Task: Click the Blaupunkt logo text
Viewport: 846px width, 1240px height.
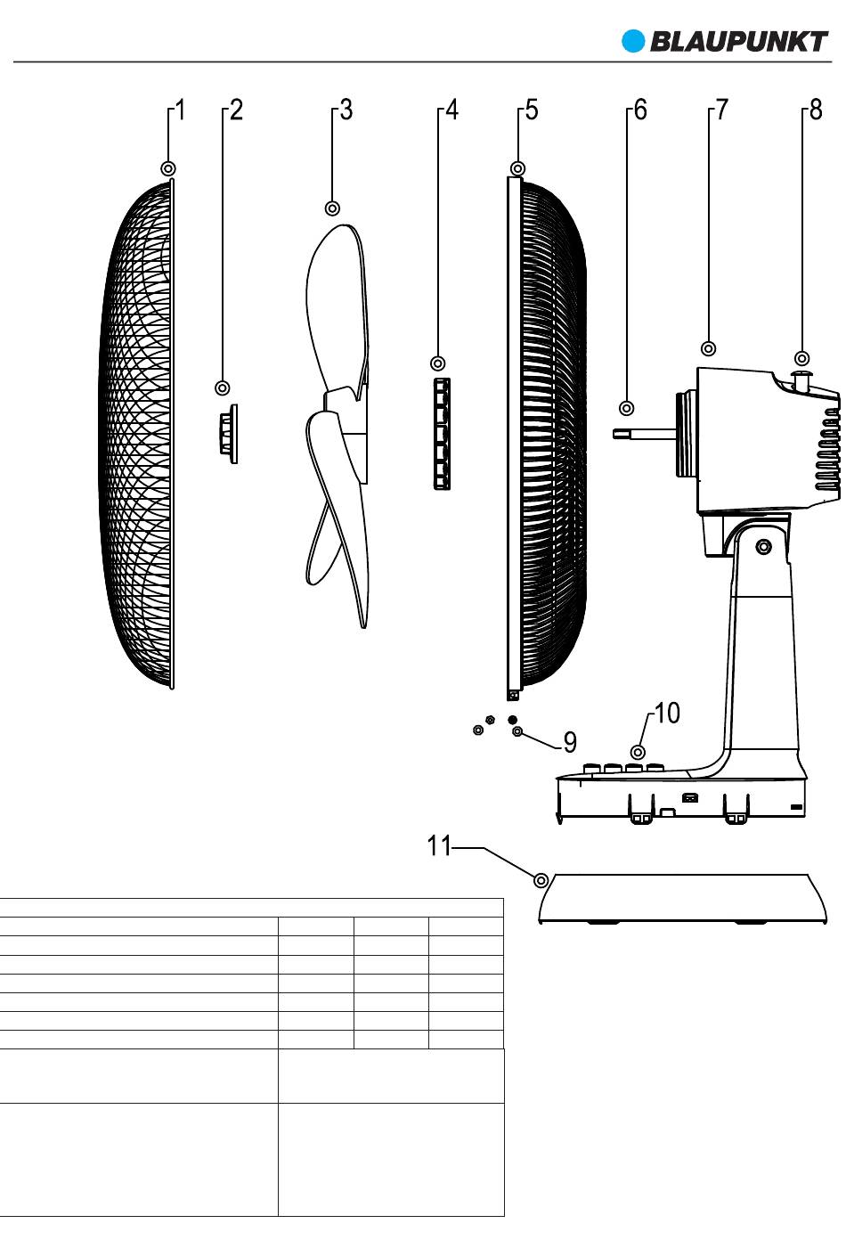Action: click(738, 42)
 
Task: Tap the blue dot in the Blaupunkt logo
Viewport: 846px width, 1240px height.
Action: click(633, 42)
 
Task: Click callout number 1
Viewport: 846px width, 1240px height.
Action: click(181, 110)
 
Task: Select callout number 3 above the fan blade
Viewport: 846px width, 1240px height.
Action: click(346, 110)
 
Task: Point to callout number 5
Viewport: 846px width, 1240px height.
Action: click(532, 110)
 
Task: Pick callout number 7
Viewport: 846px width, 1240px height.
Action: click(722, 110)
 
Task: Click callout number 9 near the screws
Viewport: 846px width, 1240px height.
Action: click(570, 741)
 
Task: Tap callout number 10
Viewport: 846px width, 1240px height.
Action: click(667, 714)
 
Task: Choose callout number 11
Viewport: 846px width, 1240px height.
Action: click(439, 845)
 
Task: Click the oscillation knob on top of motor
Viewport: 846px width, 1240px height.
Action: click(801, 380)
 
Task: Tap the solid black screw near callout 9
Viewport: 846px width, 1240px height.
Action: click(512, 719)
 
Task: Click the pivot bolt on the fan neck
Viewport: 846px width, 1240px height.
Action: click(764, 546)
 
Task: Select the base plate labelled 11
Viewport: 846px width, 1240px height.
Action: click(677, 898)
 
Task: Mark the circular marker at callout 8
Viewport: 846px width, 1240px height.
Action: click(802, 358)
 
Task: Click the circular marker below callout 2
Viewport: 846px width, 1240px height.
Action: click(223, 387)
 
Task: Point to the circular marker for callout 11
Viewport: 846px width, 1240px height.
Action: click(541, 880)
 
